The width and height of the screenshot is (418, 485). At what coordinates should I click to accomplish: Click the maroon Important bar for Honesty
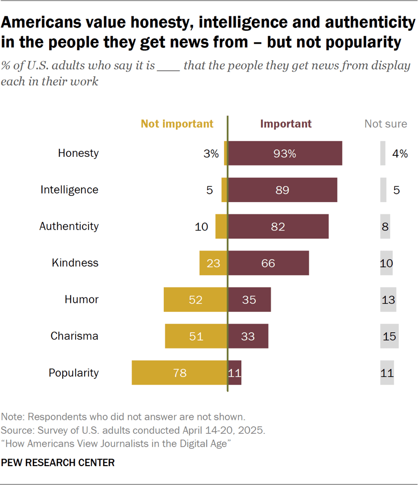pos(285,153)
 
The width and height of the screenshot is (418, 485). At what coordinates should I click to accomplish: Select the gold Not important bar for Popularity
pos(179,372)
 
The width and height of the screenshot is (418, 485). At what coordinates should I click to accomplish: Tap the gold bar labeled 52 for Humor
pos(196,299)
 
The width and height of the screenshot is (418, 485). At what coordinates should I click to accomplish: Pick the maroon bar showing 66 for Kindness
pos(268,263)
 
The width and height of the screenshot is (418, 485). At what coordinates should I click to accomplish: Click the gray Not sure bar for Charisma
pos(389,336)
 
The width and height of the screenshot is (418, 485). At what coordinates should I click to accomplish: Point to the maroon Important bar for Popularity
pos(235,372)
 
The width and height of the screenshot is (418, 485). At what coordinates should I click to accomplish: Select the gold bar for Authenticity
pos(221,226)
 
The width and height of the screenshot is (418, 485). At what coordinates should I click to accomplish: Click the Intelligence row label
pos(69,190)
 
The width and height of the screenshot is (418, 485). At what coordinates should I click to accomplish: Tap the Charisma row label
pos(74,336)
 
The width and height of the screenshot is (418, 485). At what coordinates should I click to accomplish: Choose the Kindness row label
pos(75,262)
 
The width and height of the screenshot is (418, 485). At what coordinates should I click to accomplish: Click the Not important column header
pos(177,123)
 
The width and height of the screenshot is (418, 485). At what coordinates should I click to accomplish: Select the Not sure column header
pos(386,123)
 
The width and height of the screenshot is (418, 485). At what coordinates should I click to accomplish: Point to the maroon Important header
pos(286,123)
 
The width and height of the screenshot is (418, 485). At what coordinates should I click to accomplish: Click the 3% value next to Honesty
pos(211,153)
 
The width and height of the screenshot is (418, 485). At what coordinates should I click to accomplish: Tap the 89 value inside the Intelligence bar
pos(282,190)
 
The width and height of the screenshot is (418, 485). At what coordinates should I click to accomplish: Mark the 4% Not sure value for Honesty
pos(400,153)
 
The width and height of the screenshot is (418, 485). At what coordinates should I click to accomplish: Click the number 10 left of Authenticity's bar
pos(201,227)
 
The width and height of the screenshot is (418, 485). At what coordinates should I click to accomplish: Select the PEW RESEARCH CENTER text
pos(58,463)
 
